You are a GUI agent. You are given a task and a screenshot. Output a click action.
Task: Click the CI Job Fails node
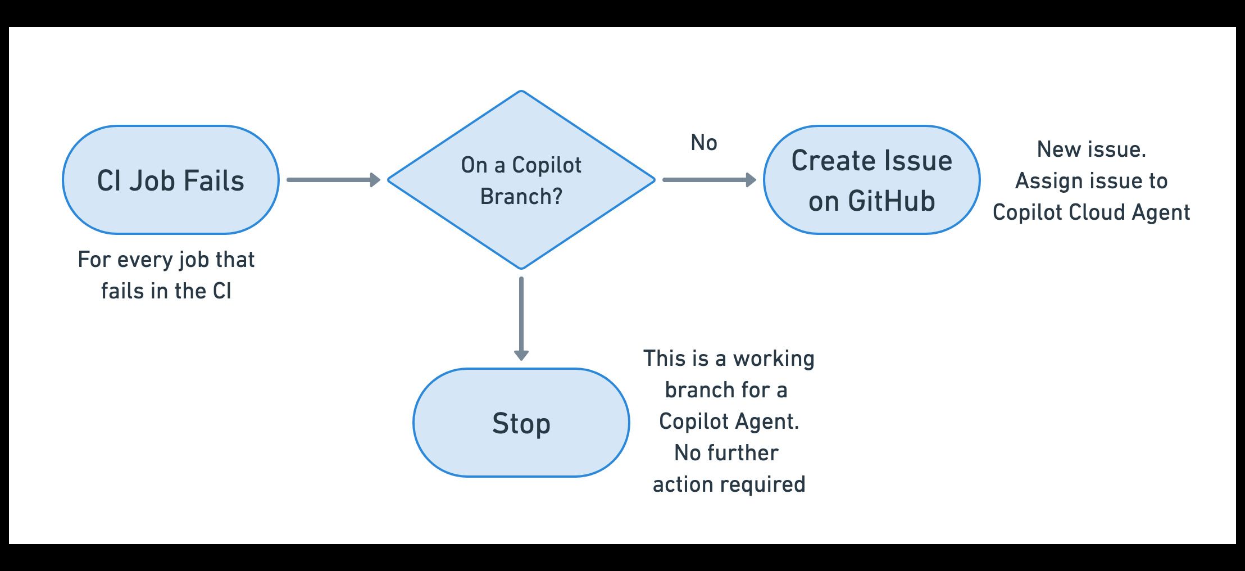click(170, 180)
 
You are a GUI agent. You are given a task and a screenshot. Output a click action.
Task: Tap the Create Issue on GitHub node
click(871, 180)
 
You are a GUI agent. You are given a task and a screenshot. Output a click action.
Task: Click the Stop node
click(521, 423)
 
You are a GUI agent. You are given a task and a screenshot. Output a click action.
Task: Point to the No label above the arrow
click(703, 143)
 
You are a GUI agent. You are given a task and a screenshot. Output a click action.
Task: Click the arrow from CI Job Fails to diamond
click(333, 180)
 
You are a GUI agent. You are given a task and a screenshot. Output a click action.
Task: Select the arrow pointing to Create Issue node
click(709, 180)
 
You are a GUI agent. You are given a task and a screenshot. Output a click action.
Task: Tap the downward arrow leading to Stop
click(521, 318)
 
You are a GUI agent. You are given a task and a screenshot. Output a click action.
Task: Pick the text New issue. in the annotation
click(1091, 149)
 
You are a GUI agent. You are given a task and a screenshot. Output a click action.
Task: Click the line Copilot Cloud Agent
click(1091, 212)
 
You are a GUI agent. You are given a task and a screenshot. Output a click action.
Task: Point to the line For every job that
click(166, 260)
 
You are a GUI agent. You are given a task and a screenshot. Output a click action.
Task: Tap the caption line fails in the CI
click(166, 291)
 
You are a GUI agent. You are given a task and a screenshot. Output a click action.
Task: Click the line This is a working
click(729, 359)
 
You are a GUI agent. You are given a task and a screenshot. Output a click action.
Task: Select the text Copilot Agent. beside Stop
click(729, 422)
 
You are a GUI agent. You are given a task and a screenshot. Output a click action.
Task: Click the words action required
click(729, 484)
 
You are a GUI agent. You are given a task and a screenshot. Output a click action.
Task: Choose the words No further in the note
click(726, 453)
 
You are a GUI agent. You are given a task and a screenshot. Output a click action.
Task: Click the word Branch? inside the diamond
click(521, 197)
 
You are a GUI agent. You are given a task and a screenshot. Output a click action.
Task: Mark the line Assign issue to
click(1091, 181)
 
